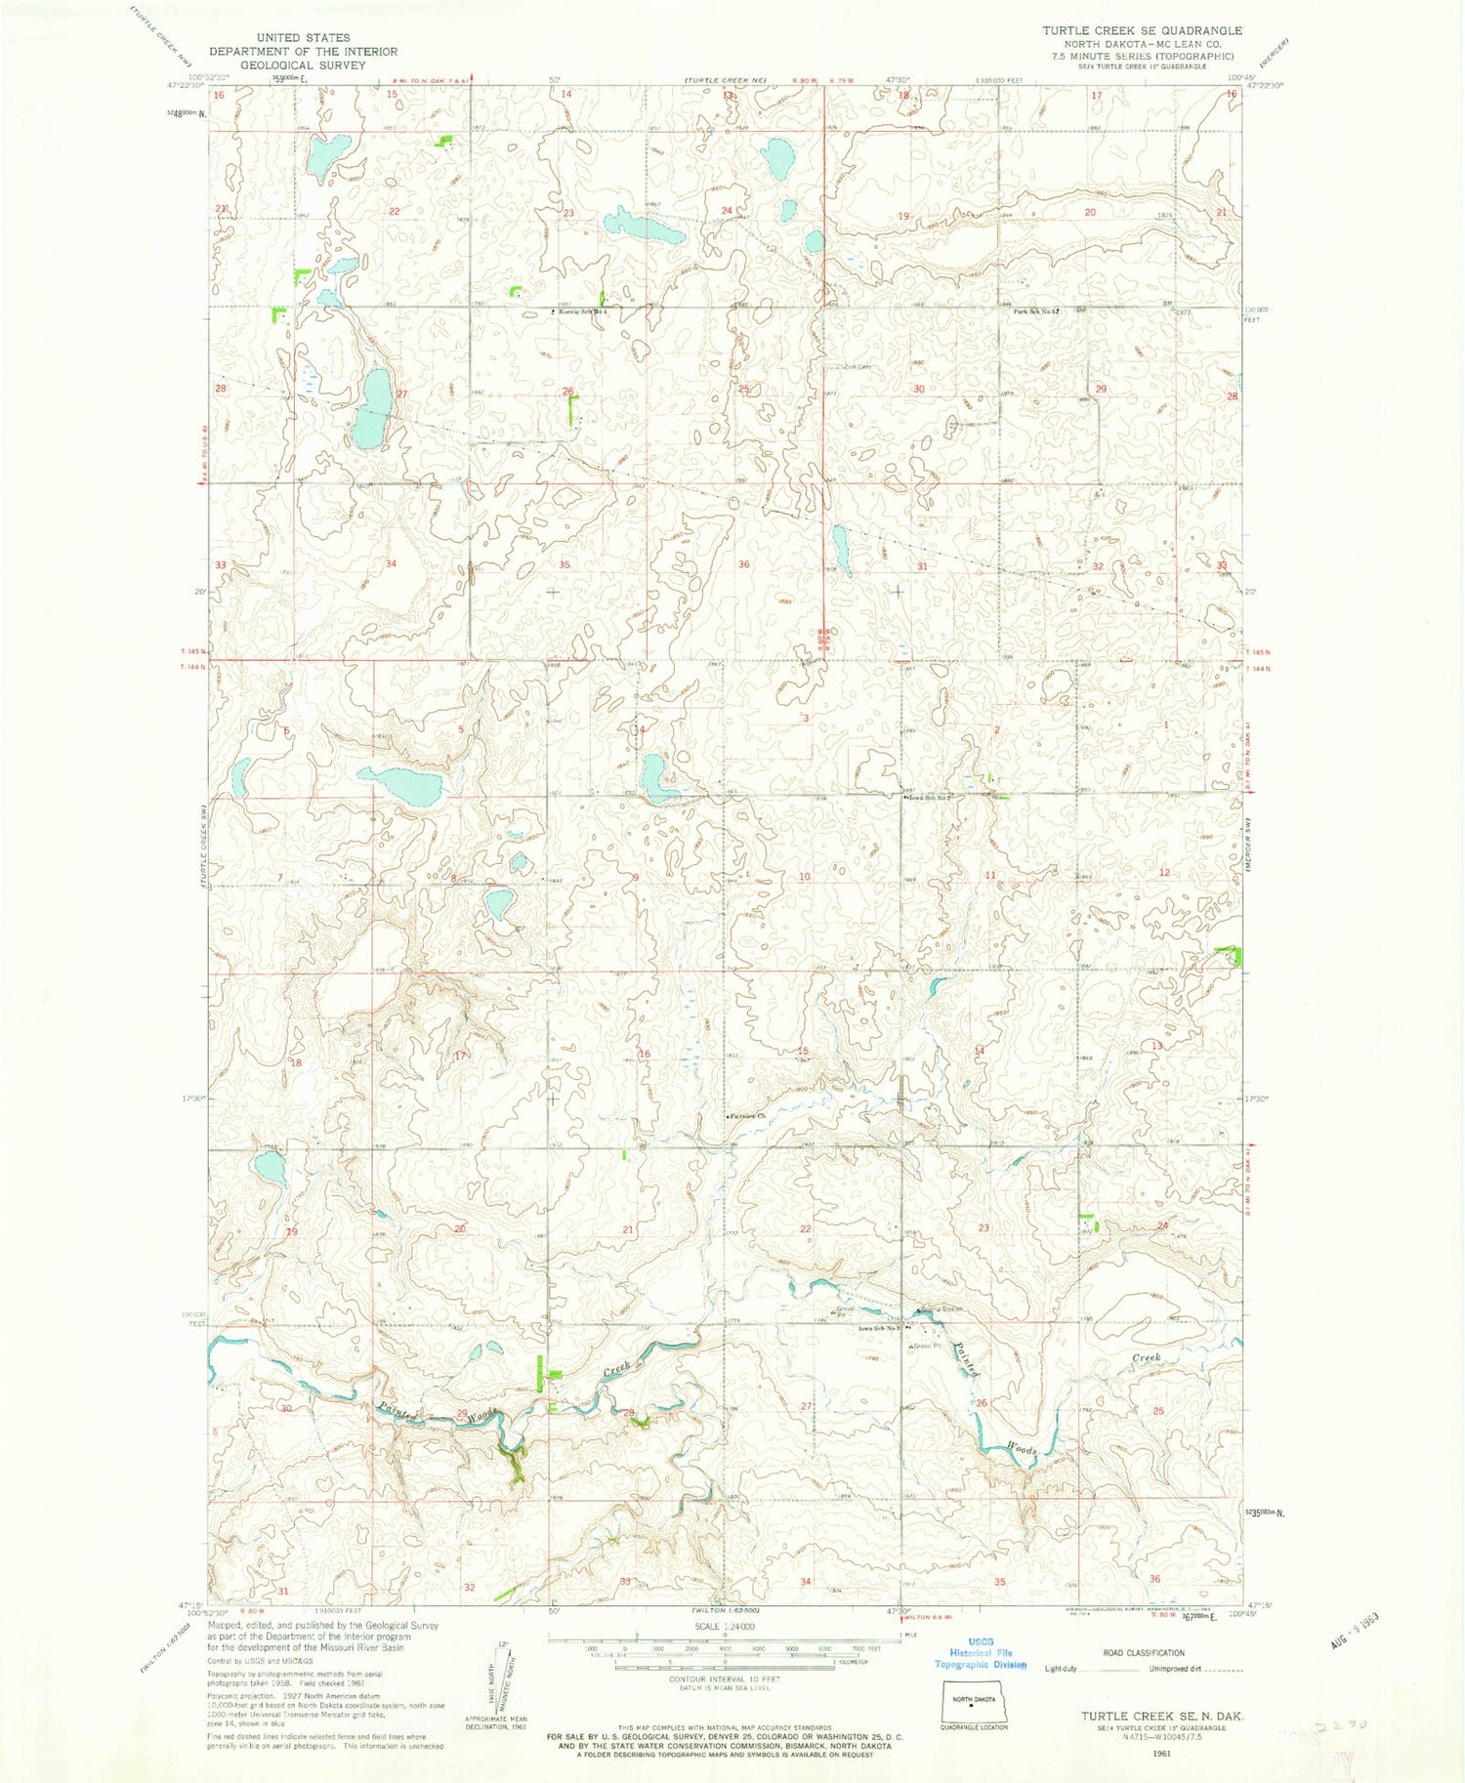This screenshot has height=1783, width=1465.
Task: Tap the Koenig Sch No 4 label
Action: pyautogui.click(x=583, y=312)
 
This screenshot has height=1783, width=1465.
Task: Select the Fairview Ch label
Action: pyautogui.click(x=745, y=1115)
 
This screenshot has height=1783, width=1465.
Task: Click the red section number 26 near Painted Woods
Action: pyautogui.click(x=982, y=1403)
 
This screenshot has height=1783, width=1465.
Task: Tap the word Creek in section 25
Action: pyautogui.click(x=1146, y=1358)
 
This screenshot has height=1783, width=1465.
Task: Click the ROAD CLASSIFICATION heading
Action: pyautogui.click(x=1143, y=1653)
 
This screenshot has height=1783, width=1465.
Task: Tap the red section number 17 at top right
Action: pyautogui.click(x=1096, y=96)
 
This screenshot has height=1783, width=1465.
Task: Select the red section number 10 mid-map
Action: pyautogui.click(x=804, y=877)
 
